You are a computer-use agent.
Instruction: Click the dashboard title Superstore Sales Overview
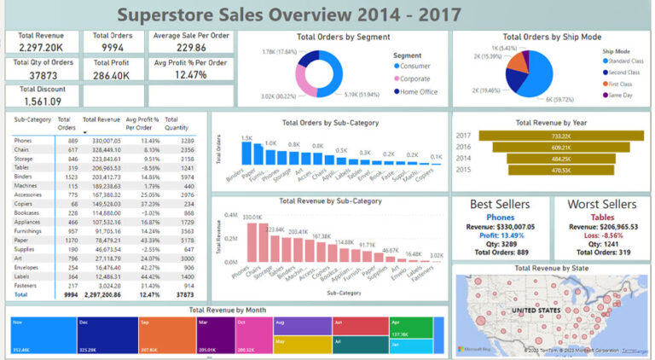pyautogui.click(x=289, y=15)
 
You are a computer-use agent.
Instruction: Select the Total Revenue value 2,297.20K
pyautogui.click(x=38, y=49)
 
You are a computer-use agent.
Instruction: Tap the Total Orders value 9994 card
pyautogui.click(x=113, y=49)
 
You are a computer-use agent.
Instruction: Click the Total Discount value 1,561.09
pyautogui.click(x=38, y=102)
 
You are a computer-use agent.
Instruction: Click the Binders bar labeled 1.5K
pyautogui.click(x=246, y=153)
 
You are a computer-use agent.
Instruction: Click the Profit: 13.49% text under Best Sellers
pyautogui.click(x=500, y=235)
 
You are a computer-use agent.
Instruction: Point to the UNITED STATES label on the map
pyautogui.click(x=551, y=309)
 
